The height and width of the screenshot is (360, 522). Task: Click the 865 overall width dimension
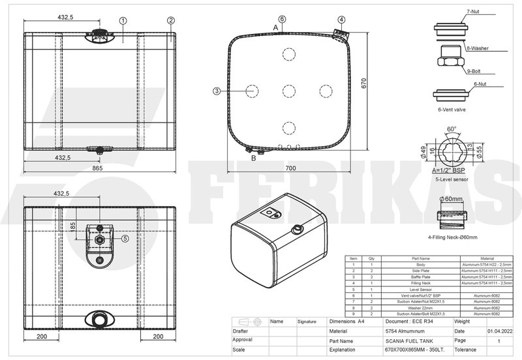coord(97,168)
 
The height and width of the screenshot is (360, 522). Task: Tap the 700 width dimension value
coord(290,168)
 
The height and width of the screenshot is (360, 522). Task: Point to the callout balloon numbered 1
coord(123,20)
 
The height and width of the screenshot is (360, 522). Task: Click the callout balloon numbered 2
coord(171,20)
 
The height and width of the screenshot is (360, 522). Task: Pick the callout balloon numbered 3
coord(217,91)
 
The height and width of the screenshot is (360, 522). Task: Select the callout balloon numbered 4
coord(341,20)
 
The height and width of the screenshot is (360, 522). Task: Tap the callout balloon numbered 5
coord(125,239)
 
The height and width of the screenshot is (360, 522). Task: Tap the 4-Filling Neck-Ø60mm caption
coord(452,237)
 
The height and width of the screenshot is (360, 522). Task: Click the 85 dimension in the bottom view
coord(74,226)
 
